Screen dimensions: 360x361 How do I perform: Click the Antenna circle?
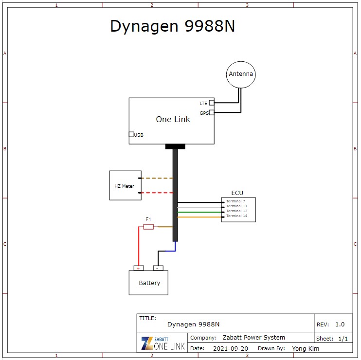(x=241, y=74)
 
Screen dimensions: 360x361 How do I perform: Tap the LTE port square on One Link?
(x=212, y=103)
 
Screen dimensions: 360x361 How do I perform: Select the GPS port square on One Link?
(x=212, y=113)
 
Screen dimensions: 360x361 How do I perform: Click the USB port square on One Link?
(x=131, y=134)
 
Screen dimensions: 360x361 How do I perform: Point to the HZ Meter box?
(x=125, y=185)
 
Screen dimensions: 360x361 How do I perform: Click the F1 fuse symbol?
(x=149, y=227)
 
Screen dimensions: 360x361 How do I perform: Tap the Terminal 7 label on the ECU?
(x=236, y=201)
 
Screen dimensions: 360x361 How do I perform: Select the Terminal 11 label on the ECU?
(x=237, y=206)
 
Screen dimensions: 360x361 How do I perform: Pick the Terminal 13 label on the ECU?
(x=237, y=211)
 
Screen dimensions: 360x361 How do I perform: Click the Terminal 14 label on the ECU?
(x=237, y=216)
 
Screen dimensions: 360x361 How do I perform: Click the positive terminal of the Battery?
(x=139, y=268)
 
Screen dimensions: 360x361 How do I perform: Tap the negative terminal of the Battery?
(x=158, y=268)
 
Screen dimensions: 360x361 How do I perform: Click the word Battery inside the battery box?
(x=149, y=283)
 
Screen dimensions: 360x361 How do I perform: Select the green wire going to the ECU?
(x=199, y=212)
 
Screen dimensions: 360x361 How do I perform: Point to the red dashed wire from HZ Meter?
(x=157, y=193)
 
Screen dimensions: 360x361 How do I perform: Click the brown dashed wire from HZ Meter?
(x=157, y=178)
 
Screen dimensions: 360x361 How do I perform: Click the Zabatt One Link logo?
(x=162, y=342)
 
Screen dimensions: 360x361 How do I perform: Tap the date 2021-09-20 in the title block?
(x=231, y=348)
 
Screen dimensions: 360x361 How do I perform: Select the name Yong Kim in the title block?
(x=306, y=348)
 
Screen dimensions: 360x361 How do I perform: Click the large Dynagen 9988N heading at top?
(x=173, y=26)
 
